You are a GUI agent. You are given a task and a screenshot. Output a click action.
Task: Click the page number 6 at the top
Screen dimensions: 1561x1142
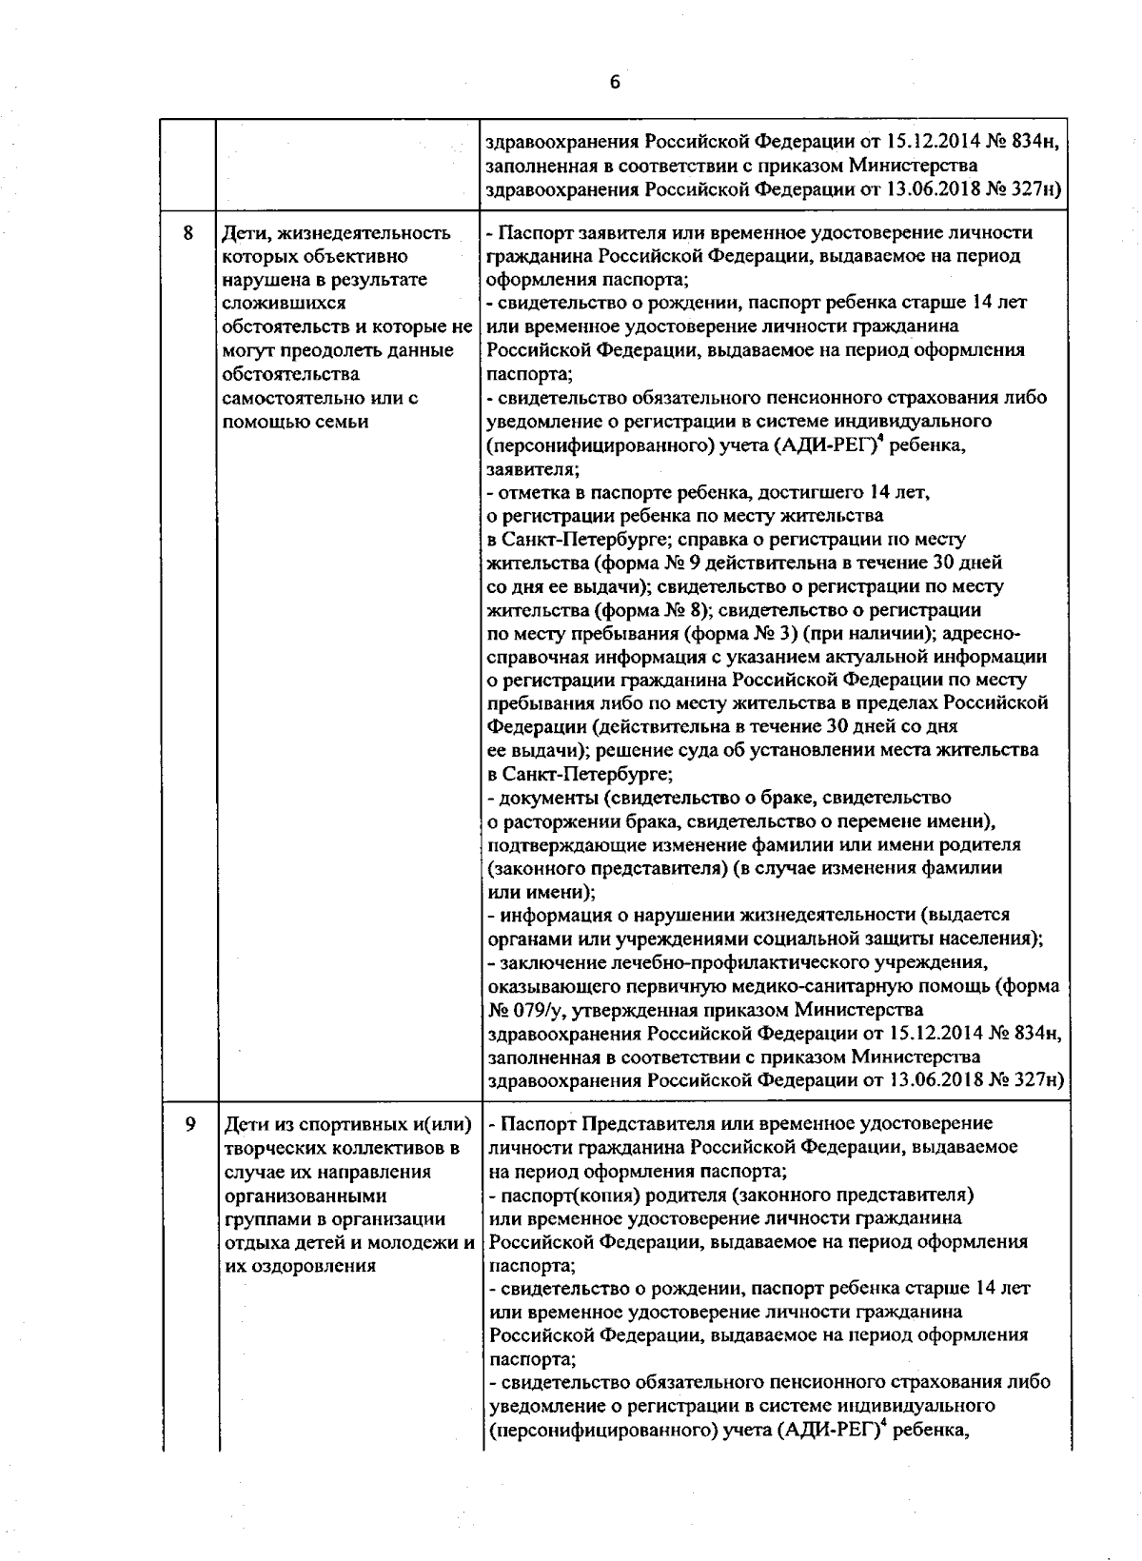[615, 83]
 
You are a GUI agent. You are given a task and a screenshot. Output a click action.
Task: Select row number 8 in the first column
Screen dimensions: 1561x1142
[187, 232]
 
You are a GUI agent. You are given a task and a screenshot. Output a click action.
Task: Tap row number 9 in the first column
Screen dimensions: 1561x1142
[189, 1124]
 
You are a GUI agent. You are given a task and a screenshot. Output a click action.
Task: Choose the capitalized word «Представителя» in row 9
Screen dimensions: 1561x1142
[636, 1124]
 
